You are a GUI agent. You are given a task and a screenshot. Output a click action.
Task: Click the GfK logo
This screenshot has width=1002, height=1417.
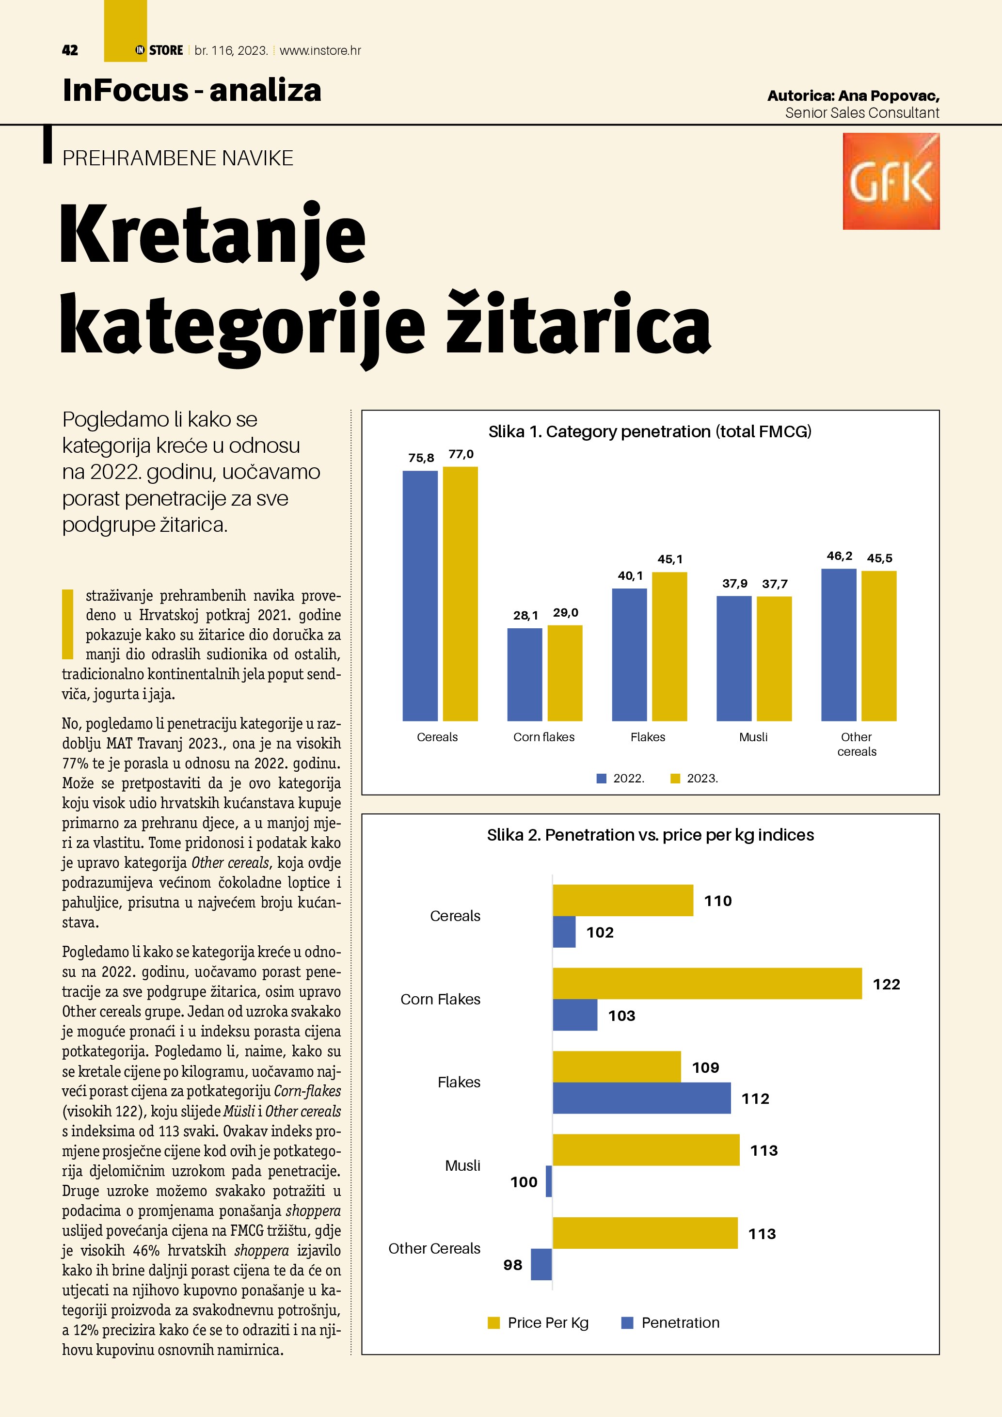pyautogui.click(x=891, y=181)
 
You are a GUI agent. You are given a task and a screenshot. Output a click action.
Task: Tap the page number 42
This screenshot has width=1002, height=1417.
pyautogui.click(x=70, y=50)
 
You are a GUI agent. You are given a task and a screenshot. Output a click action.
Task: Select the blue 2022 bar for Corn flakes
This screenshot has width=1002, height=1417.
pyautogui.click(x=525, y=674)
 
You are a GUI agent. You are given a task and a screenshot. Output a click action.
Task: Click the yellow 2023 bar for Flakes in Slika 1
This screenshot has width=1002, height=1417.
pyautogui.click(x=669, y=646)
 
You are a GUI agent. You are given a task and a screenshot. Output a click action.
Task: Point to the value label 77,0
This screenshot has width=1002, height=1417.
pyautogui.click(x=461, y=454)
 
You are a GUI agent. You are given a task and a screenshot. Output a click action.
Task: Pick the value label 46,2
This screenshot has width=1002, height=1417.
pyautogui.click(x=839, y=556)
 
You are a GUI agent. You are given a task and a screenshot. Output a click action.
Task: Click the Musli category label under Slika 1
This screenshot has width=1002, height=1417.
pyautogui.click(x=753, y=737)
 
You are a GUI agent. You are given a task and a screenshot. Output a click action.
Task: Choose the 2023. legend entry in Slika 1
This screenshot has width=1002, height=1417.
pyautogui.click(x=695, y=778)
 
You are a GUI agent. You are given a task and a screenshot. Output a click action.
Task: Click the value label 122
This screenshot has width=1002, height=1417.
pyautogui.click(x=886, y=985)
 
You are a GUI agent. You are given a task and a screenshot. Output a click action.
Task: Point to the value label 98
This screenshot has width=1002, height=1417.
pyautogui.click(x=513, y=1265)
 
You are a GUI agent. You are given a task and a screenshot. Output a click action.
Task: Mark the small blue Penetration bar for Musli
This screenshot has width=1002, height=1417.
pyautogui.click(x=549, y=1181)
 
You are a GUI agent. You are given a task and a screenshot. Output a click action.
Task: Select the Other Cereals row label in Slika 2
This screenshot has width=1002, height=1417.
pyautogui.click(x=434, y=1248)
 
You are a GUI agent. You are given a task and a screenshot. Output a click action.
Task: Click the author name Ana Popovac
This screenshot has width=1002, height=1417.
pyautogui.click(x=889, y=96)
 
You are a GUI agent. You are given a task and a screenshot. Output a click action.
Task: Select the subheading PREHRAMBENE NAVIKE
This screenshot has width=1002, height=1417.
pyautogui.click(x=178, y=159)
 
